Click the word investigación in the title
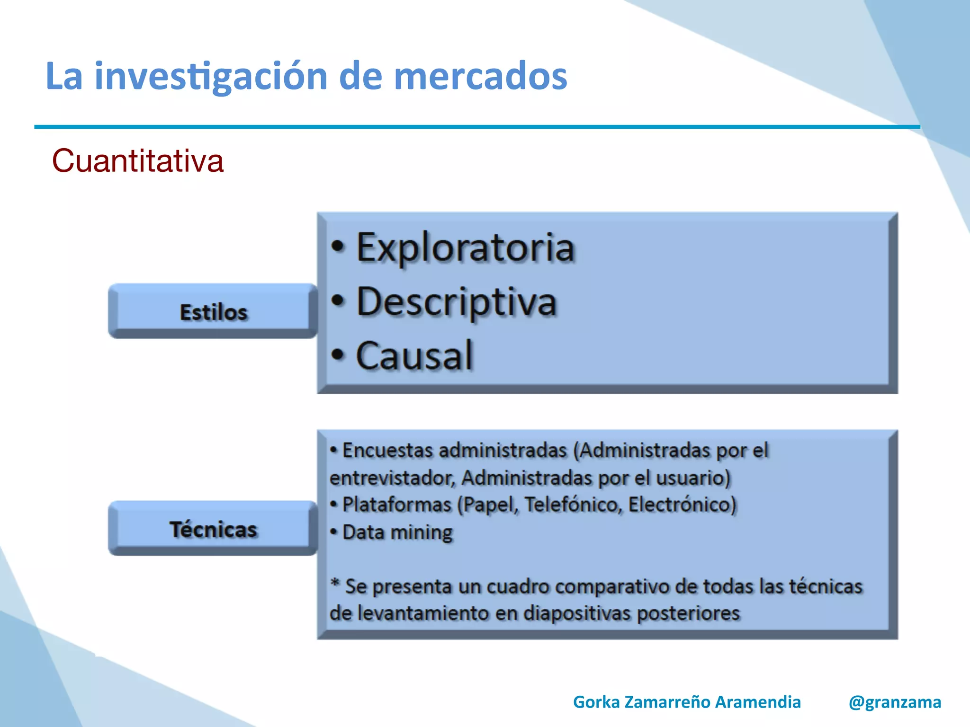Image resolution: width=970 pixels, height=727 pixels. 211,77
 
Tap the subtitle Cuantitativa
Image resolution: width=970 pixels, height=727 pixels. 137,161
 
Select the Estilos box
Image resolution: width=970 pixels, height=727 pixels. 213,311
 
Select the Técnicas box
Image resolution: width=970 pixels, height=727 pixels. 213,529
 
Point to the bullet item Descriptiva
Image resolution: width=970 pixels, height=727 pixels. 456,302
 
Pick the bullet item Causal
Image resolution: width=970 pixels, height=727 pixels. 414,356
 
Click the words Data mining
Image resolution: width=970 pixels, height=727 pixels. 397,532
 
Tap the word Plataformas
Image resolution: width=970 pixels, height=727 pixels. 397,505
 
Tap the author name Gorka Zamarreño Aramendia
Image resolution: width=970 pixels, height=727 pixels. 687,702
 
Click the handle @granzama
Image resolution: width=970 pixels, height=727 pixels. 895,702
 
